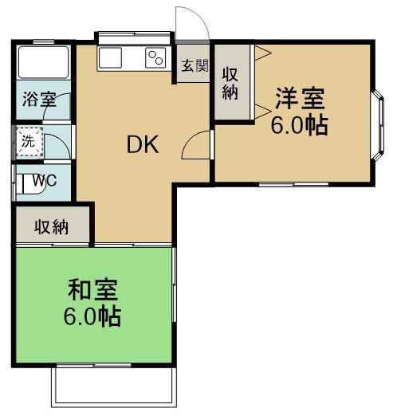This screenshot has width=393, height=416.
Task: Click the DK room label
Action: (x=143, y=144)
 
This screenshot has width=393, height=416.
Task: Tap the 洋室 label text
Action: (x=300, y=100)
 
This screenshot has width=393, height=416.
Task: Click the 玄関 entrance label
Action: (x=194, y=66)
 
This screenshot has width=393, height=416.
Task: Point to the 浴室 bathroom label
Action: (x=38, y=100)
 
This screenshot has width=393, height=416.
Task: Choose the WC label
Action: (x=45, y=180)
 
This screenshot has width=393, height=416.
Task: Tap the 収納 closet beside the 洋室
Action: (x=231, y=82)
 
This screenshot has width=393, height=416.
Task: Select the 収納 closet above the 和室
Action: (x=51, y=227)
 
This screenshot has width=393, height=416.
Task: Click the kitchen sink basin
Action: (x=109, y=57)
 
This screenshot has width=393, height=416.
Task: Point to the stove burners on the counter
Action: (x=154, y=57)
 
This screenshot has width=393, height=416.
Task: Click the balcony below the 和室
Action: (x=111, y=389)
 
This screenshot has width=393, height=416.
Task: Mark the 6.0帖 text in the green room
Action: (x=92, y=316)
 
